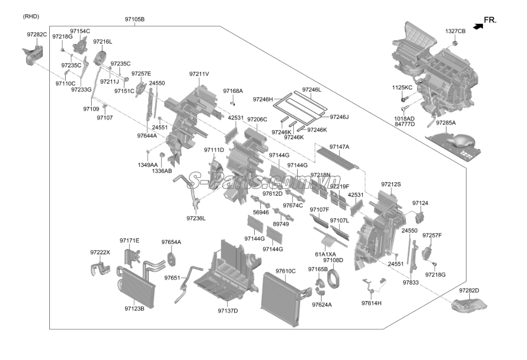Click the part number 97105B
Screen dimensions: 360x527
pyautogui.click(x=135, y=19)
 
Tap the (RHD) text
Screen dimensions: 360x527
pyautogui.click(x=31, y=16)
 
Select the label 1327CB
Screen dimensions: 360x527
pyautogui.click(x=455, y=31)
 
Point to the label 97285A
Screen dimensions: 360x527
pyautogui.click(x=445, y=122)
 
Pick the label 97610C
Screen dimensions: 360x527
pyautogui.click(x=285, y=271)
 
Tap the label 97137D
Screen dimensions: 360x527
pyautogui.click(x=228, y=310)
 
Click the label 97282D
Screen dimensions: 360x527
pyautogui.click(x=469, y=290)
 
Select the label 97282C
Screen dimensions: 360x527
pyautogui.click(x=37, y=35)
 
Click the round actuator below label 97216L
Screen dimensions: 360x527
pyautogui.click(x=101, y=57)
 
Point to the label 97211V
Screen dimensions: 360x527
pyautogui.click(x=199, y=74)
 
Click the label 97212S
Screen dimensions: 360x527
pyautogui.click(x=391, y=184)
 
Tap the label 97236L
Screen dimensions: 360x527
pyautogui.click(x=196, y=218)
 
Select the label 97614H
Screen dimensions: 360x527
pyautogui.click(x=371, y=303)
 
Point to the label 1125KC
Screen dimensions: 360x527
pyautogui.click(x=402, y=87)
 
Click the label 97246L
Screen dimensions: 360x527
pyautogui.click(x=311, y=89)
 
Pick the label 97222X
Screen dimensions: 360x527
pyautogui.click(x=100, y=252)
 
